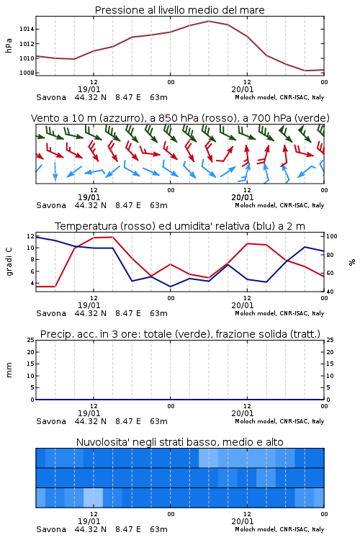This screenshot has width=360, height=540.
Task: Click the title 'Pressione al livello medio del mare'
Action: (x=179, y=10)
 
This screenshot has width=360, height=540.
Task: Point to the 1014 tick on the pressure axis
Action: (x=27, y=30)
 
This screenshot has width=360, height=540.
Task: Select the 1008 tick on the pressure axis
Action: (x=27, y=73)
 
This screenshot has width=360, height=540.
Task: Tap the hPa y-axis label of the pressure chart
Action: (x=9, y=45)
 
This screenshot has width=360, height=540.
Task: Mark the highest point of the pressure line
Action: (x=209, y=21)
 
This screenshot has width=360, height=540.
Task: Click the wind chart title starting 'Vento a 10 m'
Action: (x=180, y=118)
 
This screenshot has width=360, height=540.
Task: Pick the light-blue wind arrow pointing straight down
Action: (x=55, y=171)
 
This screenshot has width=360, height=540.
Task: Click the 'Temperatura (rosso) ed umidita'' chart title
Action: (x=180, y=226)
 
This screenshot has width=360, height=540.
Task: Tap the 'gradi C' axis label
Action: (x=9, y=262)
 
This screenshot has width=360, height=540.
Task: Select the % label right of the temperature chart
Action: (x=352, y=262)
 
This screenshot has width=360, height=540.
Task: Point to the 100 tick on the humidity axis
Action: (x=332, y=237)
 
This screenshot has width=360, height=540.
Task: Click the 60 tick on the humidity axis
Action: (x=330, y=273)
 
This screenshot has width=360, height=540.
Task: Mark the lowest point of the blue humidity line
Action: (x=170, y=287)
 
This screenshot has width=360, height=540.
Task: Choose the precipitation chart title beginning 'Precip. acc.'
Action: (x=180, y=334)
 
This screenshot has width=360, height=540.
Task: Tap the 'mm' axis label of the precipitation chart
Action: (x=9, y=370)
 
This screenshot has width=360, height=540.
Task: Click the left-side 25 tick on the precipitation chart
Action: (x=31, y=341)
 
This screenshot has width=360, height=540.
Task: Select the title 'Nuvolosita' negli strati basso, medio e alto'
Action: (x=179, y=442)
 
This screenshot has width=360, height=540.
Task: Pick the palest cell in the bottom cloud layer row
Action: (x=94, y=498)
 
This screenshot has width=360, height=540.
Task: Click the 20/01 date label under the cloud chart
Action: (x=242, y=521)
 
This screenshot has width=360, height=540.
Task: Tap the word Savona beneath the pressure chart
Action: (x=51, y=97)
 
